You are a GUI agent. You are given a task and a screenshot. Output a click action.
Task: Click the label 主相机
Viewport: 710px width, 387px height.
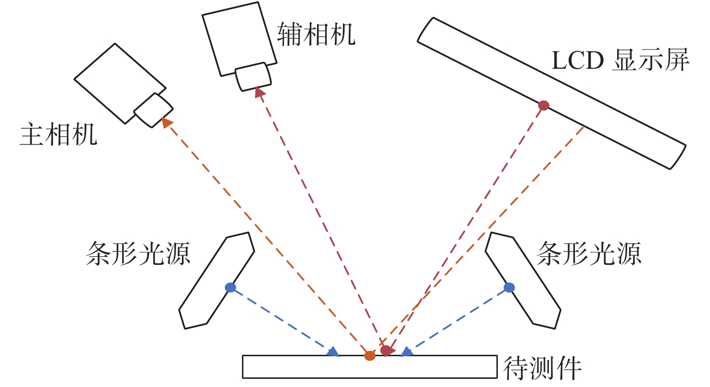point(58,135)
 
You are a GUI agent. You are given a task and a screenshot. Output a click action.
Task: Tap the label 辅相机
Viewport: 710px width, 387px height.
point(317,34)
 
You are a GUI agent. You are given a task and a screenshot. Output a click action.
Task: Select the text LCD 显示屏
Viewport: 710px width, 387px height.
point(621,60)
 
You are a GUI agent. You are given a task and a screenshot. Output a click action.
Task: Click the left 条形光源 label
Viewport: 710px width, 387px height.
point(138,253)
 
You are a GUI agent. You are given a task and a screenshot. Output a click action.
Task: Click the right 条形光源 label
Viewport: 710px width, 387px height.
point(589,253)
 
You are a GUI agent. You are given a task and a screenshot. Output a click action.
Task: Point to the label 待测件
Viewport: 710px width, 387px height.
point(542,368)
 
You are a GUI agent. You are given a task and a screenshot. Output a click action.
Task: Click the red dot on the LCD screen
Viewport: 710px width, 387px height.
point(544,105)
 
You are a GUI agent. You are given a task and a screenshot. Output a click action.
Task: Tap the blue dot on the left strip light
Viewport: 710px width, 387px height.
point(230,287)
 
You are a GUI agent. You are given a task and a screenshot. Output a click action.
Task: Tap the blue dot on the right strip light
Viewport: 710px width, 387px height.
point(509,287)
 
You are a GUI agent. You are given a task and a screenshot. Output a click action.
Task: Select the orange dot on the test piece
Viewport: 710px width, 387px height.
point(369,356)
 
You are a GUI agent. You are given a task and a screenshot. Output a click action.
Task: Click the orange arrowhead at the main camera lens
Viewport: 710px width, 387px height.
point(166,122)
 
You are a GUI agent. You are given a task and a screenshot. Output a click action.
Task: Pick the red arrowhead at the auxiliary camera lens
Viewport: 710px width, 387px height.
point(260,92)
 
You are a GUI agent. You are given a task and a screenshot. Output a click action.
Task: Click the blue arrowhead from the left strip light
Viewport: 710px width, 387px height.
point(333,352)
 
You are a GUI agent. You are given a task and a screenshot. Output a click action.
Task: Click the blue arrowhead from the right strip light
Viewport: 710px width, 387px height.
point(407,352)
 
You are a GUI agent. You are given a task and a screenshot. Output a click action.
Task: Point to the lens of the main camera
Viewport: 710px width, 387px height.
point(153,110)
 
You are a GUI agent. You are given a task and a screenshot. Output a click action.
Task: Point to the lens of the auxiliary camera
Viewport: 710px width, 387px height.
point(253,77)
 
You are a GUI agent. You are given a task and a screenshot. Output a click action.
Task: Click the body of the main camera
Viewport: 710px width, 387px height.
point(120,83)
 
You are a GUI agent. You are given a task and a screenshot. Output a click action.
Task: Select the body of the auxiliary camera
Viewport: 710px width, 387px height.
point(240,39)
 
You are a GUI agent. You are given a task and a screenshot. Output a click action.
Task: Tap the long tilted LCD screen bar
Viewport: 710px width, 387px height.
point(552,93)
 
